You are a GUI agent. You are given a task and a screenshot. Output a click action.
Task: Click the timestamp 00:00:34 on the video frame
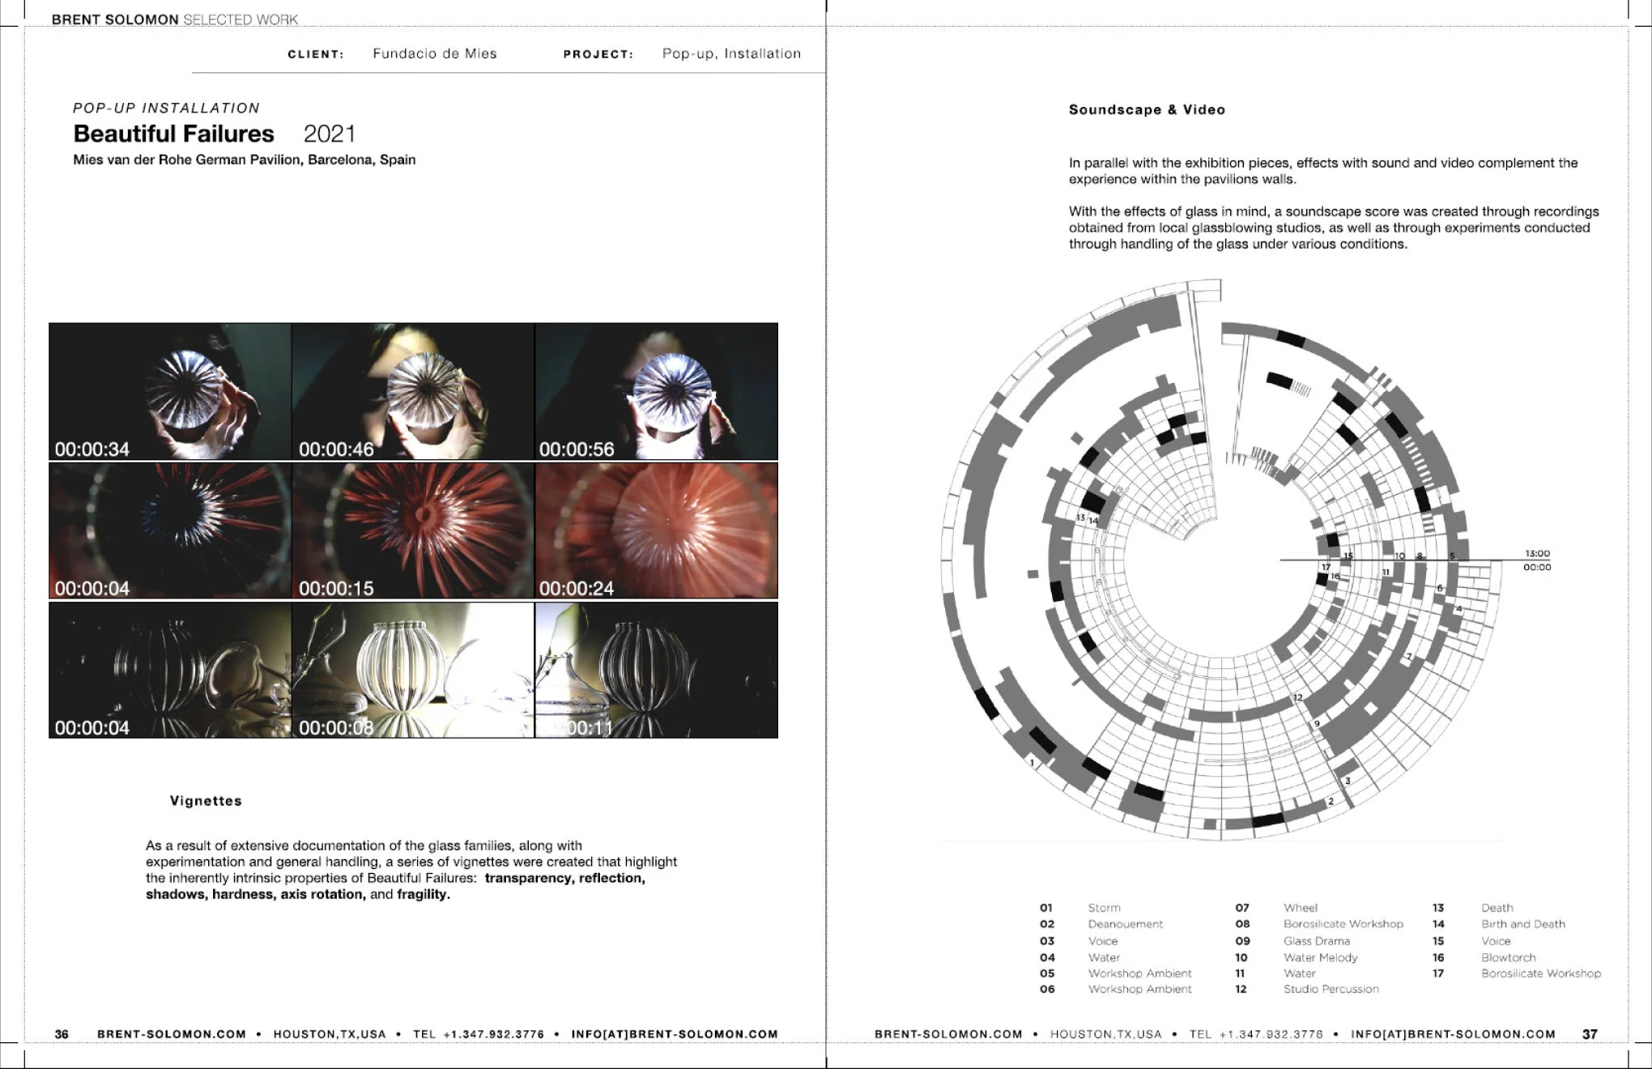click(x=92, y=449)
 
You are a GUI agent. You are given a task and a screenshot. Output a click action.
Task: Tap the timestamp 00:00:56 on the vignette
click(x=577, y=449)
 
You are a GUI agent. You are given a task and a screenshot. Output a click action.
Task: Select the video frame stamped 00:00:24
click(x=656, y=530)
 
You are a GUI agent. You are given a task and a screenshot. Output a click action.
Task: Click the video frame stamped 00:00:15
click(x=413, y=530)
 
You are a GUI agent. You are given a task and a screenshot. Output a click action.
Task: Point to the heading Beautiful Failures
click(x=173, y=134)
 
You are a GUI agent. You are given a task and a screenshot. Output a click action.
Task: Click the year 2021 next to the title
click(x=330, y=134)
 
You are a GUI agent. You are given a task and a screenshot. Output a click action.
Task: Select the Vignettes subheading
click(x=206, y=801)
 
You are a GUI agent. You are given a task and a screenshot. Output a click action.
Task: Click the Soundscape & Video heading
click(x=1147, y=110)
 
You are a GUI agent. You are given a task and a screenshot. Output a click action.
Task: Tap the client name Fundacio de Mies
click(x=435, y=53)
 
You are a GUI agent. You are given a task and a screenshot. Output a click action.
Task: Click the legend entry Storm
click(x=1104, y=908)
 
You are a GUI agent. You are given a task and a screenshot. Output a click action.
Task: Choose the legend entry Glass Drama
click(x=1316, y=941)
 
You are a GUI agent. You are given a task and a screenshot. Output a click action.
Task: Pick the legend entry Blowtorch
click(x=1508, y=957)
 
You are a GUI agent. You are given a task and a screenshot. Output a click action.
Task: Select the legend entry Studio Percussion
click(x=1331, y=989)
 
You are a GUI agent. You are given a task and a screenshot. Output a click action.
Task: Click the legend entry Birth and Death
click(x=1522, y=924)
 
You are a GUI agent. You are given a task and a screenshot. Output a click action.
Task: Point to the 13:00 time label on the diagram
click(x=1537, y=554)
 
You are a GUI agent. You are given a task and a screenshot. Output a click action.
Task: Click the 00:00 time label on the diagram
click(x=1537, y=568)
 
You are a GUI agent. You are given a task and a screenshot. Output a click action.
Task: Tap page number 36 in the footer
click(x=62, y=1034)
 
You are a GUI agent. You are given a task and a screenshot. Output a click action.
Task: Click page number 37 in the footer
click(x=1590, y=1034)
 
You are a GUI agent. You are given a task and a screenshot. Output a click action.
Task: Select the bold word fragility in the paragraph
click(x=421, y=894)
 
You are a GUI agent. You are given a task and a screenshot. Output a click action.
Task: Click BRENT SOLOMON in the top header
click(x=114, y=19)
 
